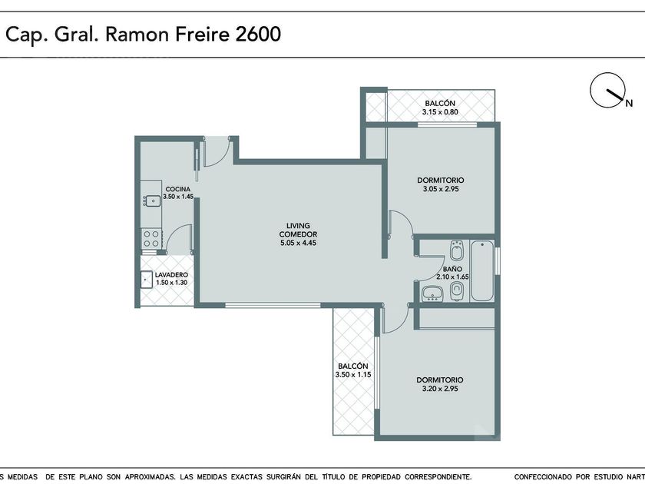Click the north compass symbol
(x=608, y=91)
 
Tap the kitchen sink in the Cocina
(x=153, y=201)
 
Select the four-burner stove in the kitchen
(x=151, y=239)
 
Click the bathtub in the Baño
(x=482, y=270)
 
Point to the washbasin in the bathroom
(x=432, y=293)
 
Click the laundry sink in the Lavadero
(x=146, y=280)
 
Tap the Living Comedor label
(x=298, y=230)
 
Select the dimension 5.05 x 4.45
(x=298, y=243)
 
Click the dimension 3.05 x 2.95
(x=441, y=189)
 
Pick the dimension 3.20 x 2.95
(x=440, y=389)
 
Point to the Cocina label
(x=178, y=189)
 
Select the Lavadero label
(x=171, y=275)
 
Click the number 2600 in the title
(x=258, y=34)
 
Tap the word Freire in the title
(x=202, y=34)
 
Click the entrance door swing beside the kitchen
(x=217, y=151)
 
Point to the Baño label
(x=452, y=269)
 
